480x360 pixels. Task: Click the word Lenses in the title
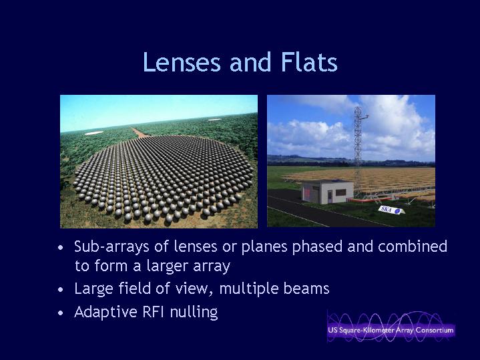coord(182,62)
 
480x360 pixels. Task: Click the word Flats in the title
coord(309,62)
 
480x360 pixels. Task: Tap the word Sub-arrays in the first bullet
coord(111,247)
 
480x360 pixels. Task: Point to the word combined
coord(413,246)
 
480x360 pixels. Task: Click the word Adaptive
coord(105,312)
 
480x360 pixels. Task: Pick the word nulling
coord(194,313)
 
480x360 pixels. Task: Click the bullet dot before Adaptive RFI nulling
coord(61,313)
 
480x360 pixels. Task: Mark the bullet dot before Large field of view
coord(61,289)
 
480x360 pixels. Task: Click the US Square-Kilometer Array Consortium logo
coord(391,327)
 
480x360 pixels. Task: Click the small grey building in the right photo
coord(327,192)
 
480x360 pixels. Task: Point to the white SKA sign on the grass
coord(391,210)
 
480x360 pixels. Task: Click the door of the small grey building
coord(330,196)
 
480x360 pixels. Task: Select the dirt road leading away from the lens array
coord(140,133)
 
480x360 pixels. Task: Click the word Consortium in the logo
coord(435,331)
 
